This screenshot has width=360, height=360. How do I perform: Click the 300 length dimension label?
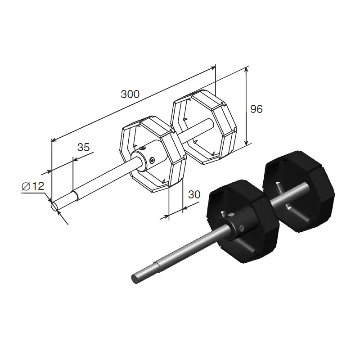pos(130,94)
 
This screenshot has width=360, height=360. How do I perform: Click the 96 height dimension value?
pos(256,109)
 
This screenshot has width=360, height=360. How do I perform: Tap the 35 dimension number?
pos(83,147)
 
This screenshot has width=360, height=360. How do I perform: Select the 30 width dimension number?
pos(194,195)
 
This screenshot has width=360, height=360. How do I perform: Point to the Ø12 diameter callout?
pos(33,186)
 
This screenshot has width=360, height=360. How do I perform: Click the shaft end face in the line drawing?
pos(54,206)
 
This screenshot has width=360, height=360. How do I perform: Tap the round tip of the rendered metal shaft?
pos(135,279)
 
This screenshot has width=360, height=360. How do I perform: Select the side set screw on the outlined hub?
pos(152,160)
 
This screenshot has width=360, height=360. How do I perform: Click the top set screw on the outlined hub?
pos(143,148)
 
